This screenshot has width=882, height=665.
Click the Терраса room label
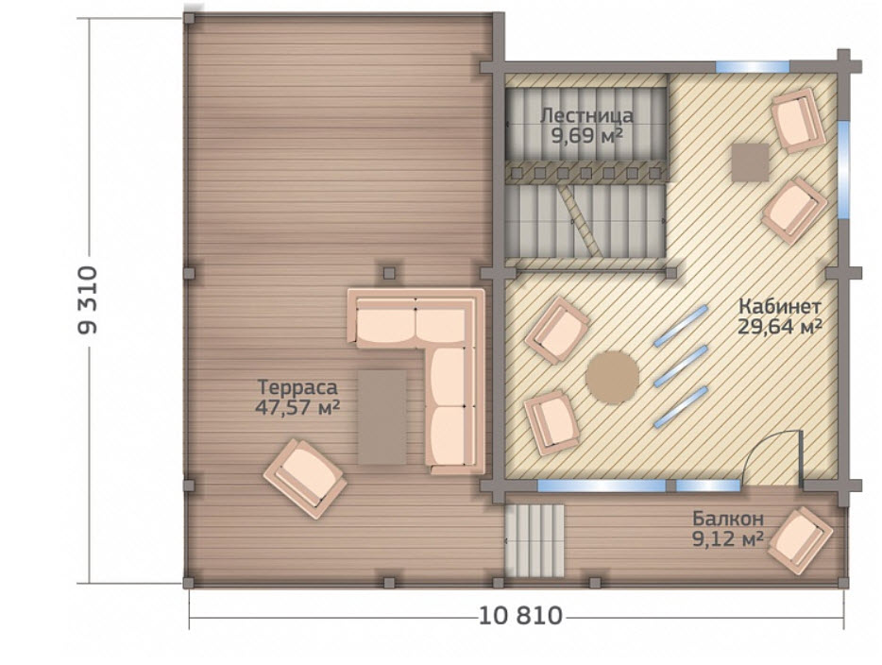click(x=297, y=387)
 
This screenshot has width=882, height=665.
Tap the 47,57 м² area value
click(x=297, y=407)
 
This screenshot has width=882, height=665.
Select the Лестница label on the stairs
click(x=586, y=116)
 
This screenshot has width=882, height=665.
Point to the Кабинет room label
click(x=780, y=307)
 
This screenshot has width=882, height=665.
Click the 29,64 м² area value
click(x=780, y=326)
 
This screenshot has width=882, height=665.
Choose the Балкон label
click(x=728, y=519)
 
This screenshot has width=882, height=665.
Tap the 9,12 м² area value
click(x=728, y=539)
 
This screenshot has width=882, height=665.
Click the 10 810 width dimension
click(x=520, y=617)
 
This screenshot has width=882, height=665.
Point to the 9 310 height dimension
click(x=88, y=300)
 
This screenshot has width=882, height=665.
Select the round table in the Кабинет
click(x=613, y=378)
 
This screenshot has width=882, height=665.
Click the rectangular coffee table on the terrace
click(x=382, y=417)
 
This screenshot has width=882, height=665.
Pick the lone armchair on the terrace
click(x=305, y=478)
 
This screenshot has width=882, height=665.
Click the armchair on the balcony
click(x=800, y=540)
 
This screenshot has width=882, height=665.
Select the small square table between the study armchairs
click(x=751, y=162)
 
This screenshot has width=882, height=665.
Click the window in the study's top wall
click(x=753, y=67)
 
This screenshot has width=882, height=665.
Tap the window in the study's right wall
click(x=843, y=170)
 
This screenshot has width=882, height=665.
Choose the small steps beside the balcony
click(x=534, y=540)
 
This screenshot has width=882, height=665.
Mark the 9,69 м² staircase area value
click(x=586, y=136)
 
